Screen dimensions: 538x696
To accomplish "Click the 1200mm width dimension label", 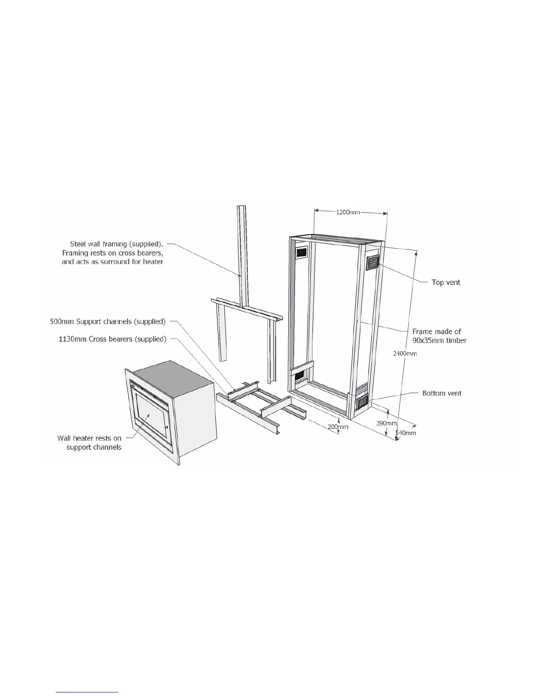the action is [348, 212].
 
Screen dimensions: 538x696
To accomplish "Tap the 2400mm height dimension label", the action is [405, 353].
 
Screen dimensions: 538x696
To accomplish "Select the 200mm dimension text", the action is [338, 427].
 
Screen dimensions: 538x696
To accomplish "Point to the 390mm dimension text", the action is [386, 423].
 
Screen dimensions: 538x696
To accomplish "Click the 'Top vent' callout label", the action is [446, 282].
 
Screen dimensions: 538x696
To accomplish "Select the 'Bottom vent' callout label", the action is [442, 393].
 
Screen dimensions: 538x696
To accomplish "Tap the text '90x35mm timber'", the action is [440, 340].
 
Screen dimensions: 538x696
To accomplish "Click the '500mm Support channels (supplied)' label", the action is [108, 322].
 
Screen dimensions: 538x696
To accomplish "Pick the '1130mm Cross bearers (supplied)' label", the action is [113, 339].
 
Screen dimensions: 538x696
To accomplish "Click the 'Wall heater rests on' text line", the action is [89, 438].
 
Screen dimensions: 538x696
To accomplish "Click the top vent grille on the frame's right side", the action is [373, 262].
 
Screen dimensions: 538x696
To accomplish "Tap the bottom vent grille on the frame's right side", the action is [363, 402].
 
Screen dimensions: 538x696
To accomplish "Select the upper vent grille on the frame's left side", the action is [302, 253].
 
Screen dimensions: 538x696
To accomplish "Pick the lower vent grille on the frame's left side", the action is [300, 377].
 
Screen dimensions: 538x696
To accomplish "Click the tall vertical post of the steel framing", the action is [242, 255].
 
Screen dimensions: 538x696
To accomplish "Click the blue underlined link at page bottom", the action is [87, 692].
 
